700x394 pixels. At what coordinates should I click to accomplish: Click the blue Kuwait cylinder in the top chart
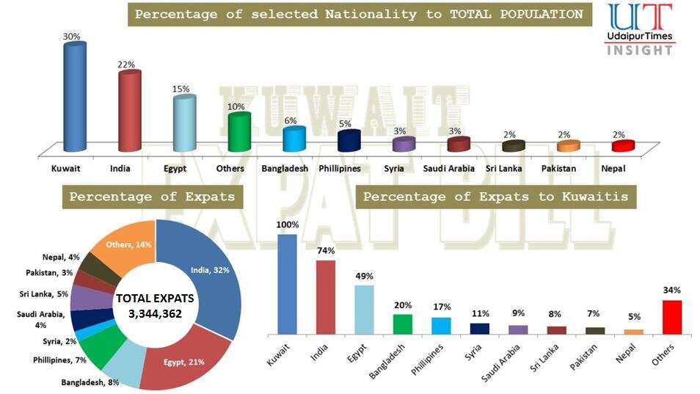click(x=75, y=98)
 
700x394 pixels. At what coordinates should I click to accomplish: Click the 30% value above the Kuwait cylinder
click(x=71, y=37)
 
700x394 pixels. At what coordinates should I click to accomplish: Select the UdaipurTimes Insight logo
click(x=638, y=29)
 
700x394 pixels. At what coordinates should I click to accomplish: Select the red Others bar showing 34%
click(x=672, y=316)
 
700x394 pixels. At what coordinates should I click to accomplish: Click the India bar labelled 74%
click(x=326, y=296)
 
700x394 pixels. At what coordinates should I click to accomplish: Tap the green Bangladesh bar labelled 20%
click(x=403, y=324)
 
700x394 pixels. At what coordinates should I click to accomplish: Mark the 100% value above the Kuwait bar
click(x=287, y=225)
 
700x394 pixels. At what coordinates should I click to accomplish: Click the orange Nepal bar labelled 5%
click(x=633, y=331)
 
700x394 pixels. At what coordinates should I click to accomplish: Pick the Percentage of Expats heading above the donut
click(x=152, y=197)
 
